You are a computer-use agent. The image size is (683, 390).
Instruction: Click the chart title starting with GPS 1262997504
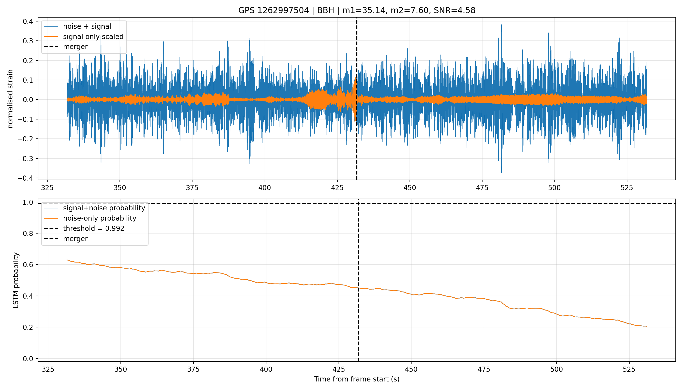[x=357, y=10]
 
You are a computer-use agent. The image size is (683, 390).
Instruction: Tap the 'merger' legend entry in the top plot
[x=66, y=47]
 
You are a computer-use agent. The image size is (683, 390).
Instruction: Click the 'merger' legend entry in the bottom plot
[x=66, y=239]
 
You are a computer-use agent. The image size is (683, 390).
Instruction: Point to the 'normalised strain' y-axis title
[x=10, y=99]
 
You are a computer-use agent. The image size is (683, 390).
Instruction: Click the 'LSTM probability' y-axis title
[x=16, y=280]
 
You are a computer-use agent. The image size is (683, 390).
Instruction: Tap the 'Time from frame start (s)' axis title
[x=357, y=379]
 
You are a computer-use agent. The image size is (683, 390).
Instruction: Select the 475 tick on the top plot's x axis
[x=482, y=187]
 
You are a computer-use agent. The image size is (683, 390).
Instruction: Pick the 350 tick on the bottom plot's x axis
[x=121, y=369]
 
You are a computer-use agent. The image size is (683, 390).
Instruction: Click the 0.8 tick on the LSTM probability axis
[x=28, y=233]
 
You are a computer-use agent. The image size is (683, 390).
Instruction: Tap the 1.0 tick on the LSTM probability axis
[x=28, y=202]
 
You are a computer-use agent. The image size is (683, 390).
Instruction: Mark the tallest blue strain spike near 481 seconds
[x=502, y=25]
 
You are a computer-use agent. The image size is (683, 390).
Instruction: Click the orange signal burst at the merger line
[x=355, y=99]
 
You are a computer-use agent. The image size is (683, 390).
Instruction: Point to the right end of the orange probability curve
[x=647, y=326]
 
